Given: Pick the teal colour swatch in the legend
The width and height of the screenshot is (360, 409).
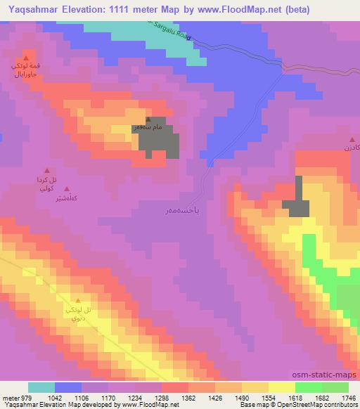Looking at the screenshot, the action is (41, 387).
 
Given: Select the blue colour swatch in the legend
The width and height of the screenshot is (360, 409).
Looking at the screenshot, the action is (67, 387).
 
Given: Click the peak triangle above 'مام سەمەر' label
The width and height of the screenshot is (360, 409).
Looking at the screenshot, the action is (148, 120).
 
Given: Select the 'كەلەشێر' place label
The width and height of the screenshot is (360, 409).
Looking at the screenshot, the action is (63, 199).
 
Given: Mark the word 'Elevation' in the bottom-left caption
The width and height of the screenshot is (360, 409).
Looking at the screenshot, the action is (47, 405).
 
